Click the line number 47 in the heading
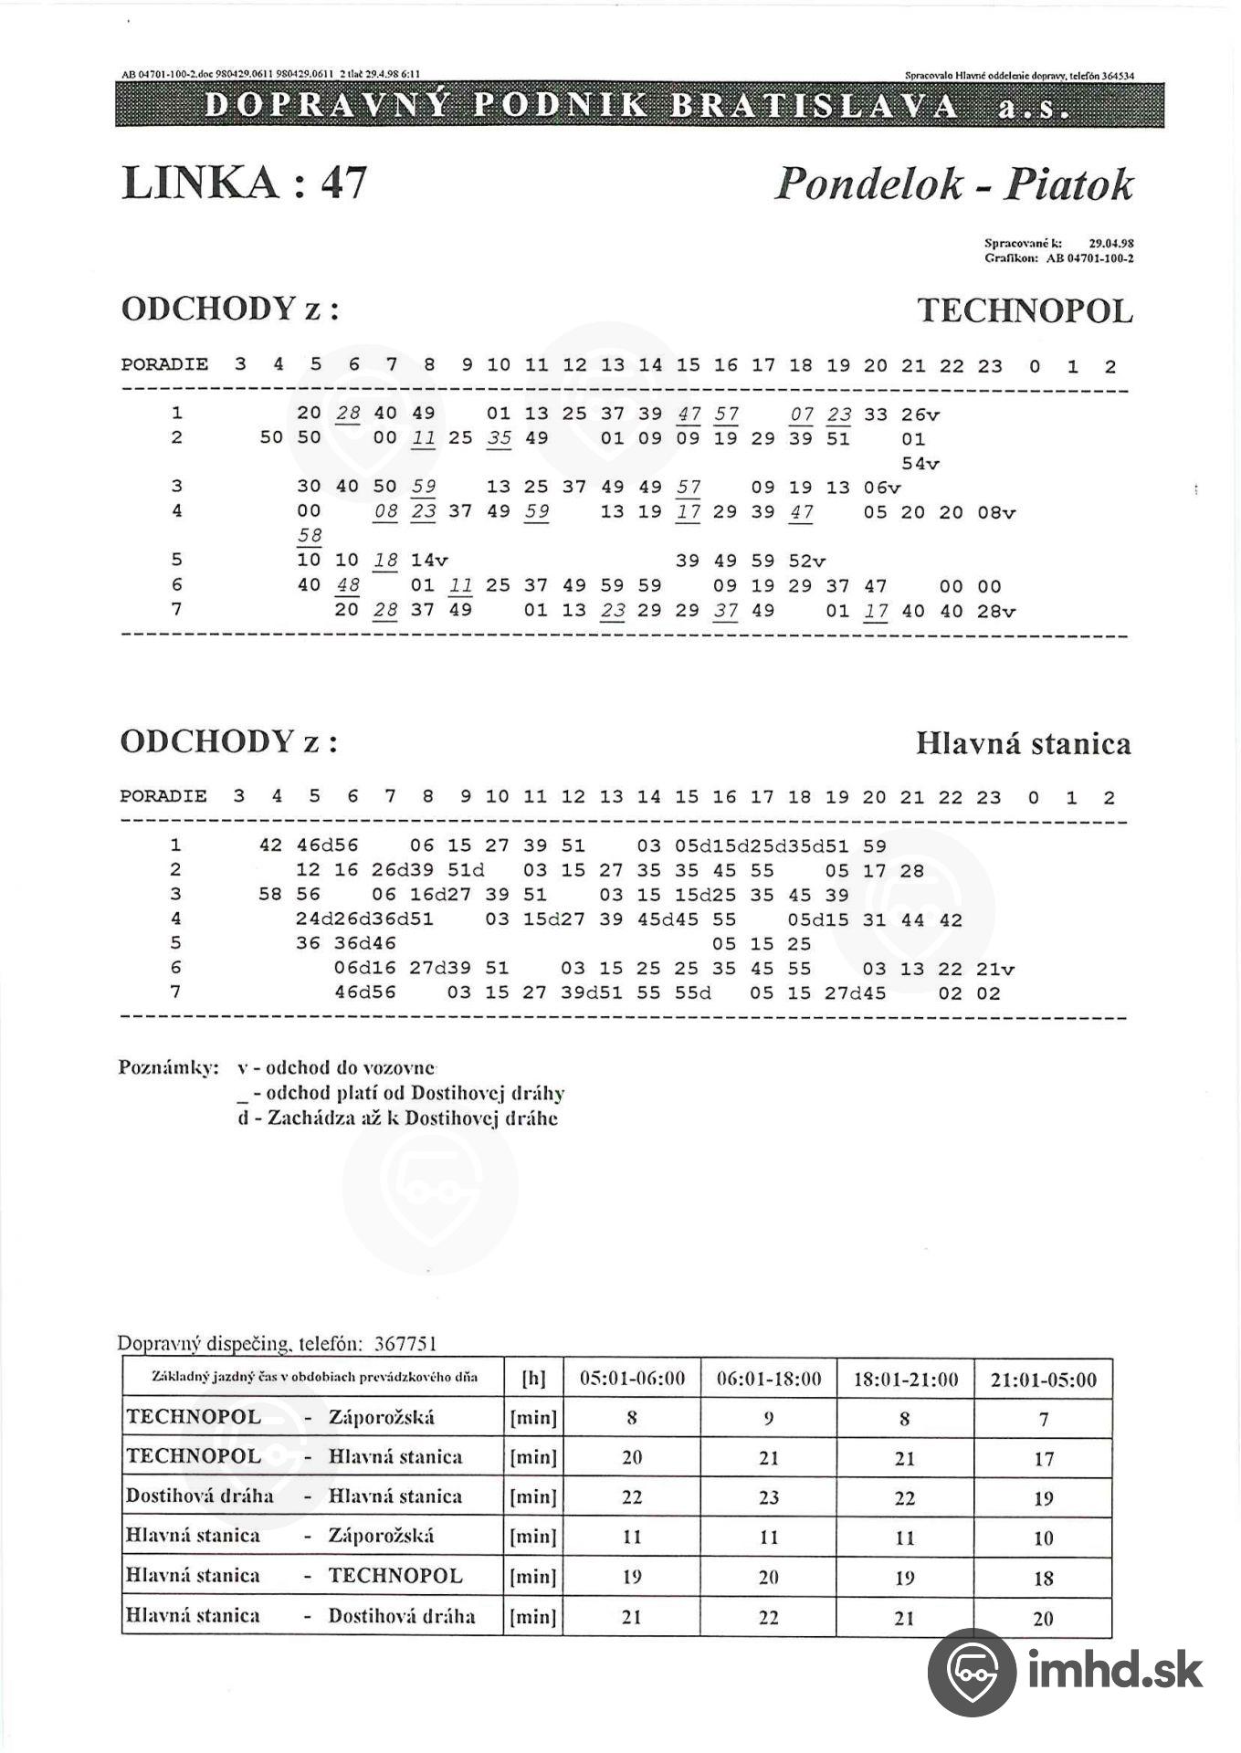pos(343,183)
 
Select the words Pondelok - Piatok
pos(953,184)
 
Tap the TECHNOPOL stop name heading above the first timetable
pos(1025,311)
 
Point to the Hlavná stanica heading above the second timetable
pos(1023,743)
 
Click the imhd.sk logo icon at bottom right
pos(971,1671)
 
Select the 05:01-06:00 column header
pos(632,1379)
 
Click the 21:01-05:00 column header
pos(1043,1379)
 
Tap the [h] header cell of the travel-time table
pos(532,1379)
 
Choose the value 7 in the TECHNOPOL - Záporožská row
pos(1043,1419)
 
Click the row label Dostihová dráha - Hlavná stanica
pos(294,1496)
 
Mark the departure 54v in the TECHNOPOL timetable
pos(920,464)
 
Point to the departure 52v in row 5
pos(806,562)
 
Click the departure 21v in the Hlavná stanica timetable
pos(994,970)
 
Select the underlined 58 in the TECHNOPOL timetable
pos(310,536)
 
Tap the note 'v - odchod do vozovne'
pos(336,1067)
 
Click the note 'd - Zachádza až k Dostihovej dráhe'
pos(397,1118)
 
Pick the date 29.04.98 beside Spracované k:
pos(1111,244)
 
